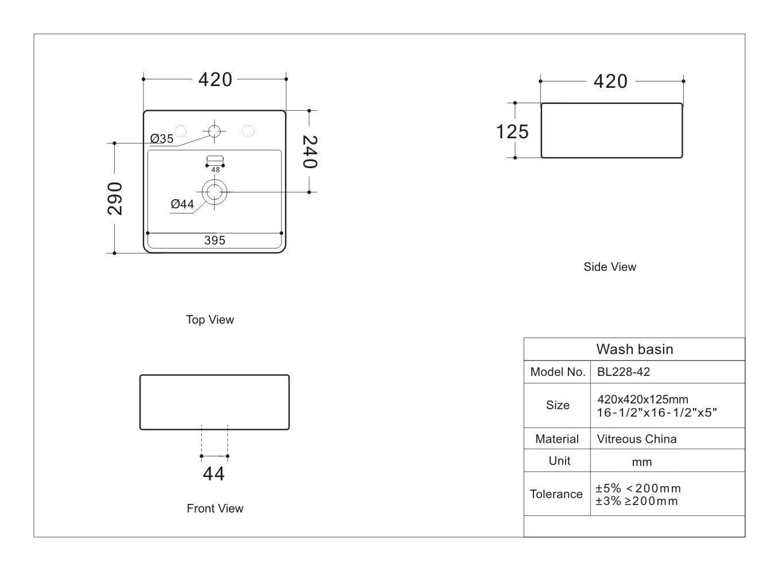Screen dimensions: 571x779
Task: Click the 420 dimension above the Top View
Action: (215, 79)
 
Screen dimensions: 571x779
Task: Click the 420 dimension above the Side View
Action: (610, 81)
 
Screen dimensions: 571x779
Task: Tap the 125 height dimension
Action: (512, 131)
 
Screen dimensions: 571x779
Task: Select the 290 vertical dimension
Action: (115, 198)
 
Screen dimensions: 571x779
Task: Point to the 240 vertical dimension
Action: (309, 152)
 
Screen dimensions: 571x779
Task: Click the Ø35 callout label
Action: (162, 139)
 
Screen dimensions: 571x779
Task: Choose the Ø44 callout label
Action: (182, 204)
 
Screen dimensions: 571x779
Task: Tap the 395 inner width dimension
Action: (215, 240)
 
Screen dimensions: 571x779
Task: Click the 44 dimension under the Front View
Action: (214, 474)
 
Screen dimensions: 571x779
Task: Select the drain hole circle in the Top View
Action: (215, 192)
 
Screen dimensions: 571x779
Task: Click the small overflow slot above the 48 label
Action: (215, 159)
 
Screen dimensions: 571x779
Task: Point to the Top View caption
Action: (210, 320)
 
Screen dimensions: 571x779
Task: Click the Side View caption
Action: (610, 267)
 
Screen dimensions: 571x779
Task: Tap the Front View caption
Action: (215, 508)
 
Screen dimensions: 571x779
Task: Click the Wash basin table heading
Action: (634, 349)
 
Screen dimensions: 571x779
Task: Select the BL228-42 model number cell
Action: (624, 372)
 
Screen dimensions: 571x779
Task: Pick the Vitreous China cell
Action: (637, 439)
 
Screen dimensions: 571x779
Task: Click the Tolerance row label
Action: (556, 494)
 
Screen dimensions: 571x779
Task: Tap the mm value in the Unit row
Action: (642, 462)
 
